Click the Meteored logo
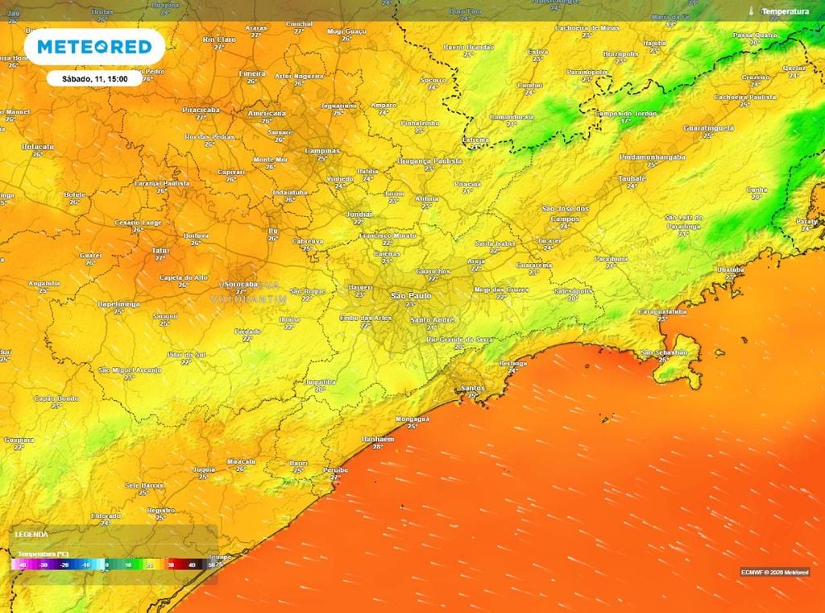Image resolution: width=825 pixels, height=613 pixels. pyautogui.click(x=94, y=48)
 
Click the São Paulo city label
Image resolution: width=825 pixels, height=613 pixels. pyautogui.click(x=411, y=297)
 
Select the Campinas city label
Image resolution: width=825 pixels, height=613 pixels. pyautogui.click(x=321, y=151)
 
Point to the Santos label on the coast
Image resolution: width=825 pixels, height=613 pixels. pyautogui.click(x=471, y=388)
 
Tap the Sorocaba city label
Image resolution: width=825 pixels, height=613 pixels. pyautogui.click(x=241, y=285)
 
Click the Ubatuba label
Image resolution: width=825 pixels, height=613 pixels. pyautogui.click(x=730, y=269)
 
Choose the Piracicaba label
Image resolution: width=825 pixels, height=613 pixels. pyautogui.click(x=201, y=109)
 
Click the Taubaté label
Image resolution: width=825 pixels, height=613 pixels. pyautogui.click(x=632, y=177)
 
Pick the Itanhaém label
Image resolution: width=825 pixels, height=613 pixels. pyautogui.click(x=378, y=438)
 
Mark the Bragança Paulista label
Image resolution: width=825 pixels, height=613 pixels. pyautogui.click(x=430, y=161)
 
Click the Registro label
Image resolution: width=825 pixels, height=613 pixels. pyautogui.click(x=161, y=510)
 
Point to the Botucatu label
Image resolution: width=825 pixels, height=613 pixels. pyautogui.click(x=38, y=146)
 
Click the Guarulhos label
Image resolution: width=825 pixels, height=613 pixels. pyautogui.click(x=433, y=272)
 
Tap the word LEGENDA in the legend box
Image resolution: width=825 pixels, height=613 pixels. pyautogui.click(x=32, y=534)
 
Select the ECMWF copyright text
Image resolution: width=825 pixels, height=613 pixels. pyautogui.click(x=773, y=572)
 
